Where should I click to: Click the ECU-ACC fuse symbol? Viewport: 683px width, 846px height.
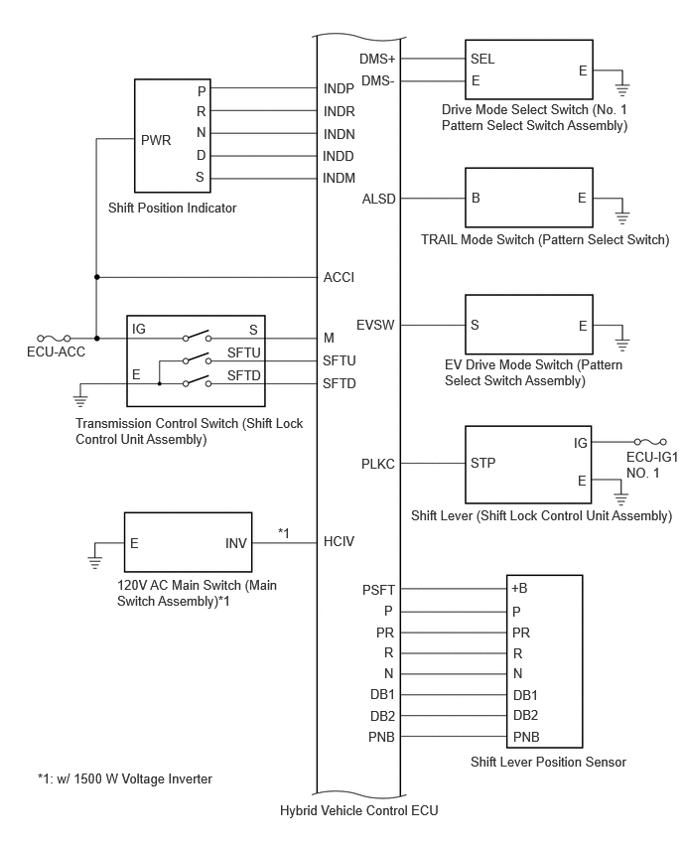(x=54, y=339)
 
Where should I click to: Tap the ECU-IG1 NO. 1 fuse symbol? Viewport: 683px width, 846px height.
(x=650, y=443)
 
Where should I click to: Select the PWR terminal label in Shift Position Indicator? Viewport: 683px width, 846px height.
(x=156, y=140)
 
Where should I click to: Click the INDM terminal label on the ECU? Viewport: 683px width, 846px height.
(x=339, y=178)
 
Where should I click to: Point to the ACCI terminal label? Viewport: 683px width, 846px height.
(x=339, y=277)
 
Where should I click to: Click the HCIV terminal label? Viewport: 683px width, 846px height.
(x=339, y=542)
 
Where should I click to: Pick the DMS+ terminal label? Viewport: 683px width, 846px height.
(x=377, y=59)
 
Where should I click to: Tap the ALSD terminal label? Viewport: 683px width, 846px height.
(x=378, y=200)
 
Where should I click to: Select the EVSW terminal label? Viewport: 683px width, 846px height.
(x=375, y=326)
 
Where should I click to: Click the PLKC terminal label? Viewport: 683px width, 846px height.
(x=378, y=464)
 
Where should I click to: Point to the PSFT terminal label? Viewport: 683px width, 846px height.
(x=378, y=590)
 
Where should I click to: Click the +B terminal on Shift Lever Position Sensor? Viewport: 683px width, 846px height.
(x=519, y=589)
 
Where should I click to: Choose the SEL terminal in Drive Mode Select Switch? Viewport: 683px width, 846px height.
(x=482, y=59)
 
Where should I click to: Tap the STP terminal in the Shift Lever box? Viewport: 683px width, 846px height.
(x=482, y=463)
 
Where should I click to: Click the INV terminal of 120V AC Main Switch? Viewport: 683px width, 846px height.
(x=236, y=543)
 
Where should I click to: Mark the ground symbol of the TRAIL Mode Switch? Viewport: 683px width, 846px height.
(x=622, y=216)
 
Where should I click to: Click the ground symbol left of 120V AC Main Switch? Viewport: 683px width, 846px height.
(x=95, y=562)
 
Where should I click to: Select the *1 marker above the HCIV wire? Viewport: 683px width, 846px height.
(x=284, y=533)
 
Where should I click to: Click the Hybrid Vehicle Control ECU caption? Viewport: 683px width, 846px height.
(x=358, y=811)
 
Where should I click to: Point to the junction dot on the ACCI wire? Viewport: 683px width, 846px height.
(x=97, y=277)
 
